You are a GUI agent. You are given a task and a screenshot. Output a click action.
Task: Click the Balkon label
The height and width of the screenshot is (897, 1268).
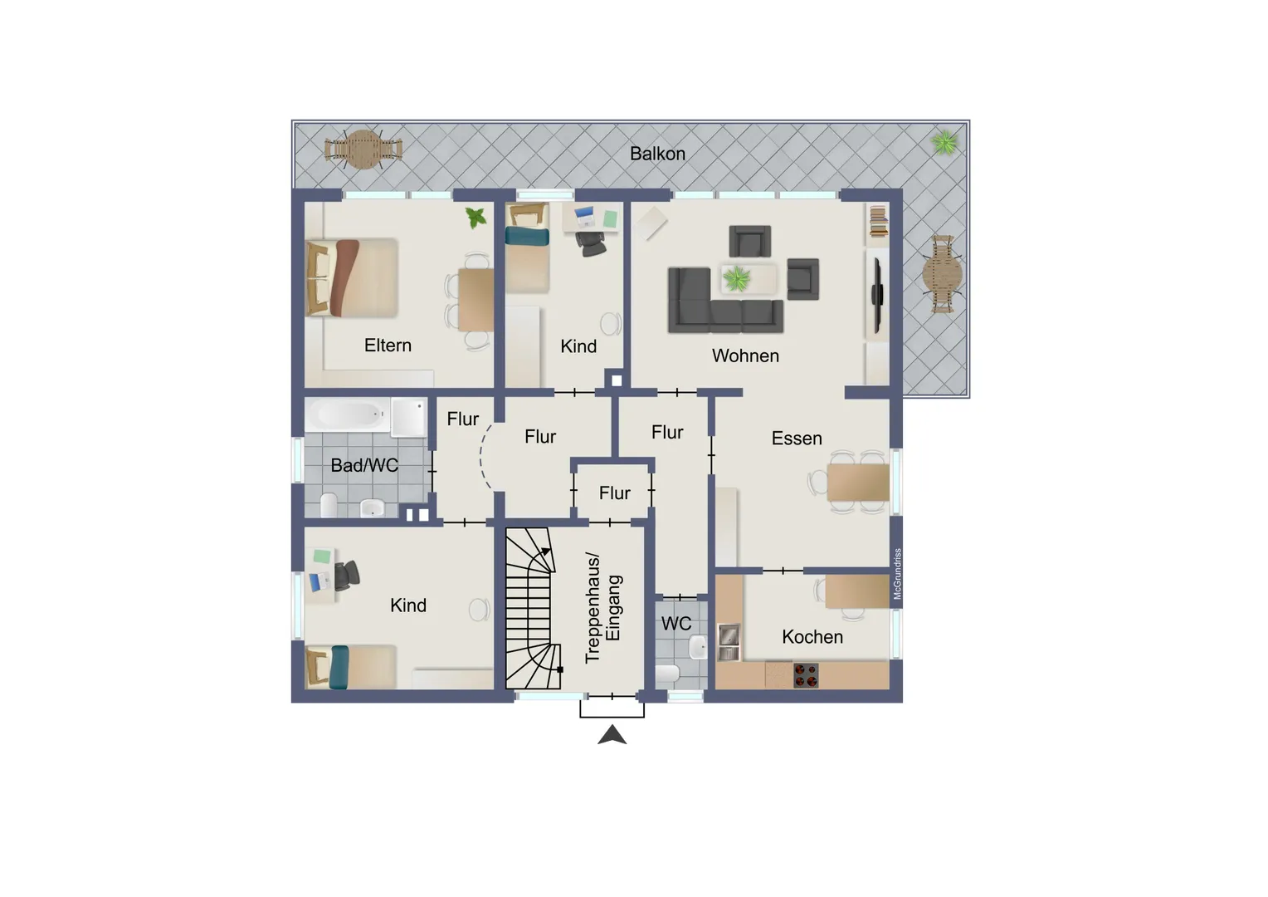pyautogui.click(x=657, y=154)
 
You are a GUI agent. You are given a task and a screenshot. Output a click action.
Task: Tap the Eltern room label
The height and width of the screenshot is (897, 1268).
pyautogui.click(x=388, y=345)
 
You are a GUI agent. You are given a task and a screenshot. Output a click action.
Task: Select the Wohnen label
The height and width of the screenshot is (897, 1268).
pyautogui.click(x=745, y=355)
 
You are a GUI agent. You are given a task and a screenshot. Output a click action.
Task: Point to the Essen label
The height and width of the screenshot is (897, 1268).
pyautogui.click(x=797, y=438)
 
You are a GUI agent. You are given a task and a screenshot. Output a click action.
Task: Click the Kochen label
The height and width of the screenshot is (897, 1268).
pyautogui.click(x=812, y=637)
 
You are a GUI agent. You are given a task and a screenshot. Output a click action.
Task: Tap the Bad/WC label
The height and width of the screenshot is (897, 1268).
pyautogui.click(x=364, y=465)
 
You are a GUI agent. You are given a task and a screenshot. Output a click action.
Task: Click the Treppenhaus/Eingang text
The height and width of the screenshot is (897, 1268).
pyautogui.click(x=603, y=607)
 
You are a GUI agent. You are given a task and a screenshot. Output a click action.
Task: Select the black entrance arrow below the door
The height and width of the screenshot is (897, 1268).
pyautogui.click(x=612, y=735)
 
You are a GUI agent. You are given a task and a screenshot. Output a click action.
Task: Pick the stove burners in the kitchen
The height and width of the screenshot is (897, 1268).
pyautogui.click(x=806, y=675)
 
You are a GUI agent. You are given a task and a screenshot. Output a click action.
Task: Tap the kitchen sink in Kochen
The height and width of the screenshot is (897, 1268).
pyautogui.click(x=729, y=643)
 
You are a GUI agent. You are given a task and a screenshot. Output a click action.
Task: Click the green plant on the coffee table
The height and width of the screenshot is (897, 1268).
pyautogui.click(x=736, y=279)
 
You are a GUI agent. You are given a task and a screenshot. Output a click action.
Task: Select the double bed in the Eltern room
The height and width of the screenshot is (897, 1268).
pyautogui.click(x=352, y=277)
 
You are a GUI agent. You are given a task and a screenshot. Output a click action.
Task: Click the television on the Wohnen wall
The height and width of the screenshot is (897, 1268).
pyautogui.click(x=877, y=295)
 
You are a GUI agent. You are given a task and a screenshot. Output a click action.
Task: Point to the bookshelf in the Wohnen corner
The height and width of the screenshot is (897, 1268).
pyautogui.click(x=878, y=222)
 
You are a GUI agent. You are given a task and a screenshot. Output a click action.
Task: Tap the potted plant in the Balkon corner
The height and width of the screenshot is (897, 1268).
pyautogui.click(x=944, y=143)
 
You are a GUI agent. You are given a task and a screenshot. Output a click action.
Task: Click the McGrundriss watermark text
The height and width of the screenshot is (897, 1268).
pyautogui.click(x=897, y=573)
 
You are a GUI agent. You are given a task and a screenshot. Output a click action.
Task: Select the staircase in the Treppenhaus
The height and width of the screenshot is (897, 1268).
pyautogui.click(x=534, y=609)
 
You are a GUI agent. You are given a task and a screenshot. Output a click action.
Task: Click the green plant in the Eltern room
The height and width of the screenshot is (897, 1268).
pyautogui.click(x=475, y=217)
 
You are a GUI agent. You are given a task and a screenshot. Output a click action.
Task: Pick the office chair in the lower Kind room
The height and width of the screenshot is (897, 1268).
pyautogui.click(x=347, y=575)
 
